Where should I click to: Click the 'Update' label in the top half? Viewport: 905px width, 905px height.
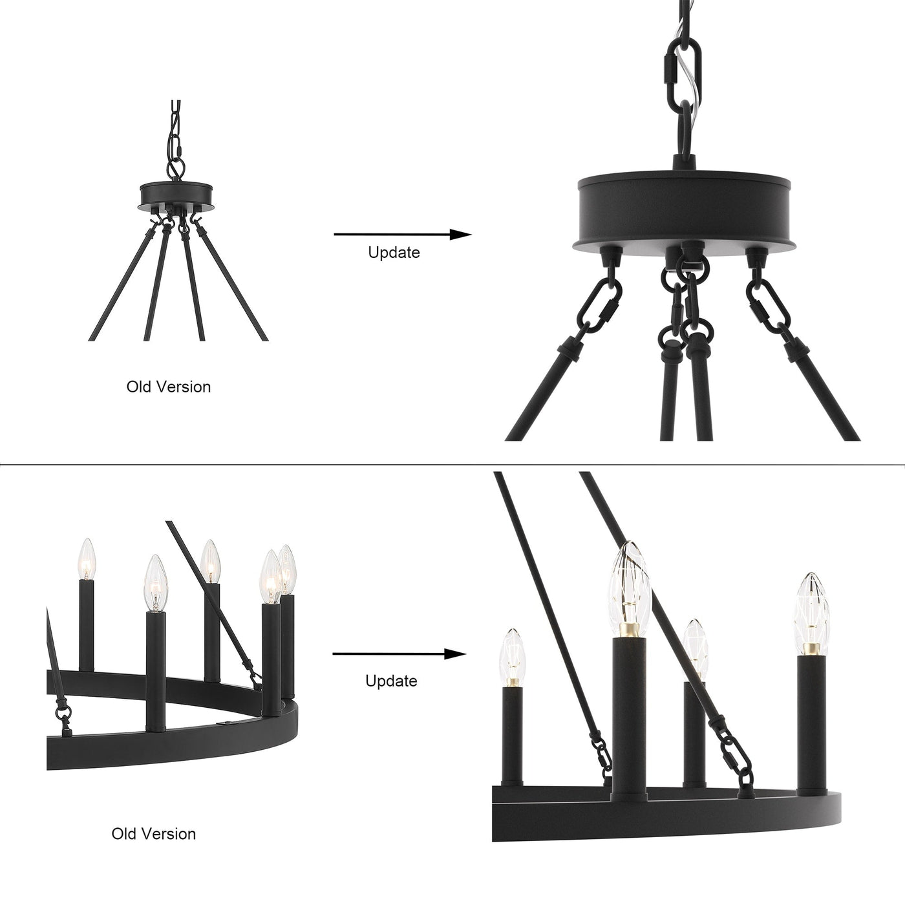tap(394, 252)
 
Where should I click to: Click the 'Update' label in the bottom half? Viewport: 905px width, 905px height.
tap(391, 681)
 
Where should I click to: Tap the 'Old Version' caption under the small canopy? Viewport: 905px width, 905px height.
tap(168, 387)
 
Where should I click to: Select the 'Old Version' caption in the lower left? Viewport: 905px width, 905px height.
tap(154, 833)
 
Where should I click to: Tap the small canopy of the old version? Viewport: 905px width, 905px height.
tap(177, 195)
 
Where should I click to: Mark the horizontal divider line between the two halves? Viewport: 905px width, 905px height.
tap(452, 464)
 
